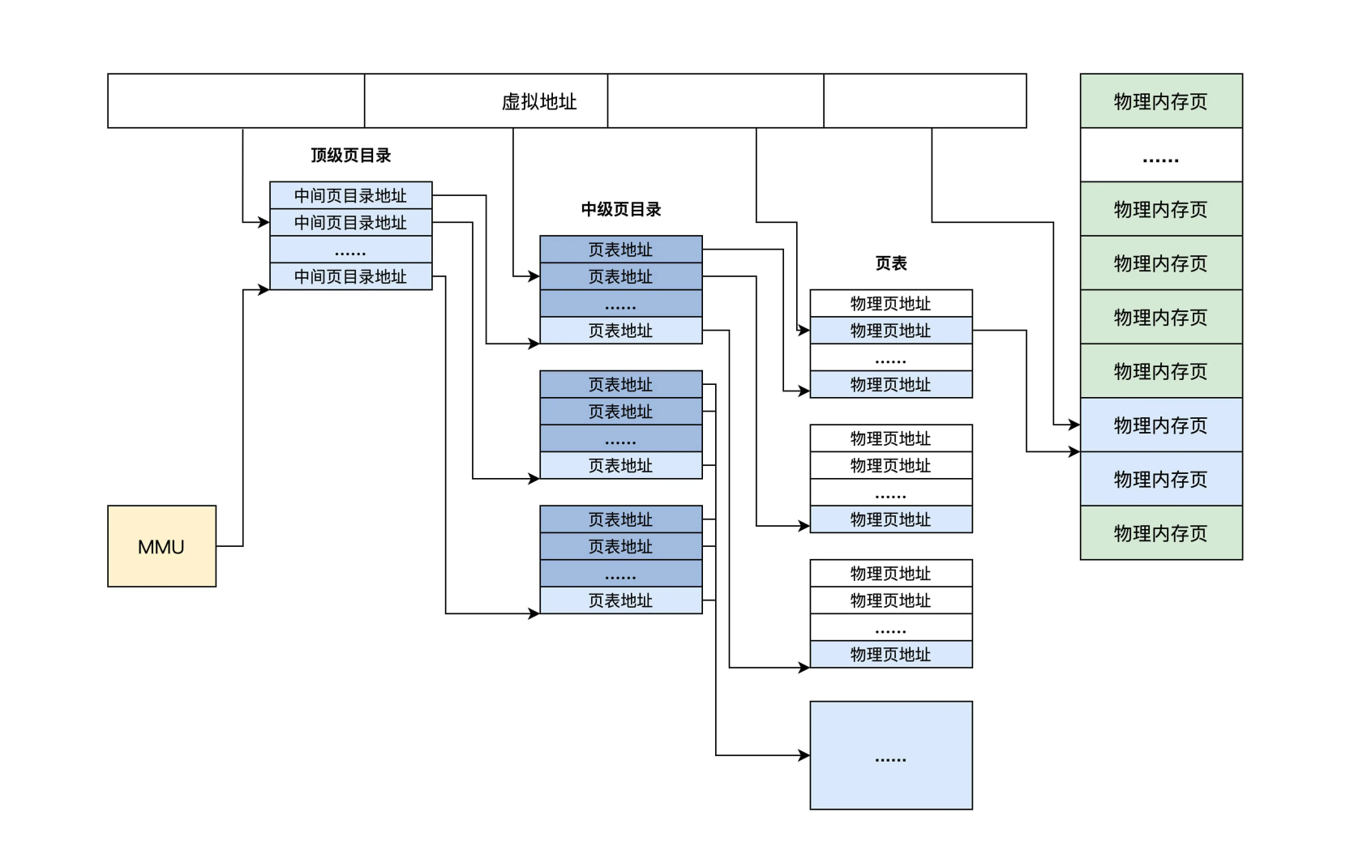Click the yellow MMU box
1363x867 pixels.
pyautogui.click(x=161, y=546)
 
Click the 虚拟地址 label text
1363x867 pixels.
pyautogui.click(x=538, y=101)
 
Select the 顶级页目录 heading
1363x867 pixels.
pyautogui.click(x=350, y=155)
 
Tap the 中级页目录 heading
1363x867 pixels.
pyautogui.click(x=620, y=209)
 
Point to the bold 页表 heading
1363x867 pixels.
pyautogui.click(x=890, y=263)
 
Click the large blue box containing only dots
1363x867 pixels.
pyautogui.click(x=890, y=754)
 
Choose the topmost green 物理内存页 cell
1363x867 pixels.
pyautogui.click(x=1160, y=100)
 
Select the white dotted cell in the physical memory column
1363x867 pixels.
pyautogui.click(x=1160, y=155)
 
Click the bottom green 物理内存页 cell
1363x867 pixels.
pyautogui.click(x=1160, y=532)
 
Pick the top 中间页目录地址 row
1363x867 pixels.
pyautogui.click(x=350, y=195)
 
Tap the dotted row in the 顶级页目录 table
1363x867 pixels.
pyautogui.click(x=350, y=250)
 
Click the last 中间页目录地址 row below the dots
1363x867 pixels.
pyautogui.click(x=350, y=276)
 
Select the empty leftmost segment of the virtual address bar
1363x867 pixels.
pyautogui.click(x=235, y=100)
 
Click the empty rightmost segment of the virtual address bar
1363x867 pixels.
pyautogui.click(x=924, y=100)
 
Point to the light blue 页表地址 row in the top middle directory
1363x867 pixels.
pyautogui.click(x=620, y=331)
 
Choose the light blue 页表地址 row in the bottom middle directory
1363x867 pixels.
pyautogui.click(x=620, y=600)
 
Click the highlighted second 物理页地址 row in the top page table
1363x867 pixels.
pyautogui.click(x=890, y=331)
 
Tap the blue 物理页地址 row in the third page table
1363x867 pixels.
pyautogui.click(x=890, y=654)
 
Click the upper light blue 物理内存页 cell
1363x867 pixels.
pyautogui.click(x=1160, y=425)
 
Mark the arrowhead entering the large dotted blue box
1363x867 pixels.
pyautogui.click(x=804, y=755)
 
